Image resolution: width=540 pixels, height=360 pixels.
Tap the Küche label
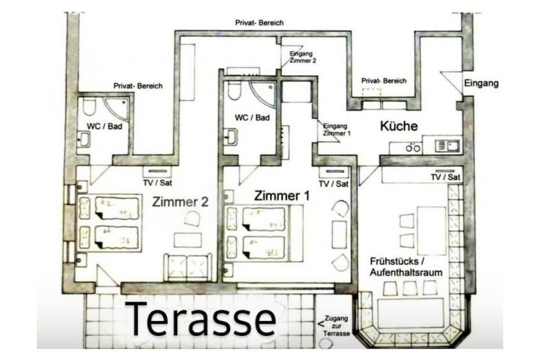[399, 126]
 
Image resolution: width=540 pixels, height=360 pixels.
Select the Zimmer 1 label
[281, 196]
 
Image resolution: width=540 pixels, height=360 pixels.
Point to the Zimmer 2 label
[180, 201]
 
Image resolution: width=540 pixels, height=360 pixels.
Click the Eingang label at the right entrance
[481, 83]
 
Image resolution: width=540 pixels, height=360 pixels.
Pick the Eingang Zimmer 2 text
[302, 57]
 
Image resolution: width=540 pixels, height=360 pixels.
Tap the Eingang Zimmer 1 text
[336, 129]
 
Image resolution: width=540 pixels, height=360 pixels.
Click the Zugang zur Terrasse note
[336, 326]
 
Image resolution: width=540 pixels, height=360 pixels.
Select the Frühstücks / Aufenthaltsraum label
[406, 266]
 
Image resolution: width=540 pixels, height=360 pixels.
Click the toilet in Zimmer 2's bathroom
[90, 107]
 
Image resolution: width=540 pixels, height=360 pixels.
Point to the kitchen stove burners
[413, 148]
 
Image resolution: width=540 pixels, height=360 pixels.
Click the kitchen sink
[448, 146]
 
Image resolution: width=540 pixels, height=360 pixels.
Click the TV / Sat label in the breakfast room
[445, 177]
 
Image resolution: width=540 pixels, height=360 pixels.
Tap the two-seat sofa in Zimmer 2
[188, 267]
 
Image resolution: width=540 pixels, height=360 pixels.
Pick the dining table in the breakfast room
[432, 230]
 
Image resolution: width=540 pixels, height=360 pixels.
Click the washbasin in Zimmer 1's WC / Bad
[231, 137]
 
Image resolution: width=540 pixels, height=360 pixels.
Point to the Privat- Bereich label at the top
[259, 23]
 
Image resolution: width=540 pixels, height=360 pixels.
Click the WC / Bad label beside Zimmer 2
[104, 126]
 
